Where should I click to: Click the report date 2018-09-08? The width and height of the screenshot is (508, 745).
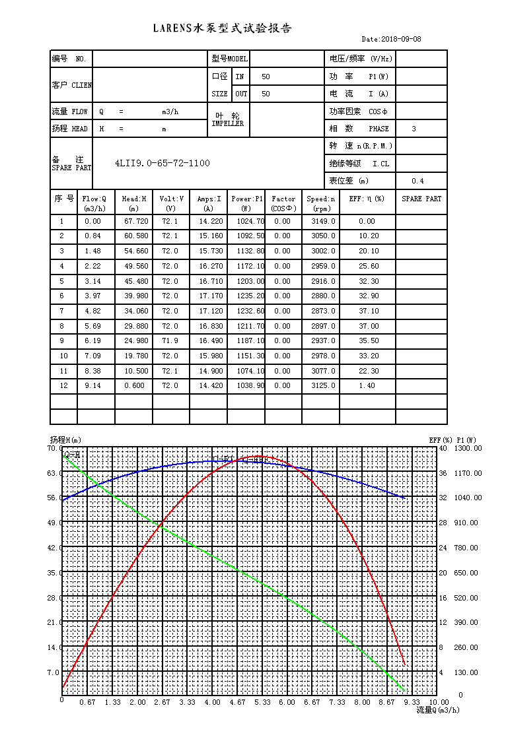click(401, 39)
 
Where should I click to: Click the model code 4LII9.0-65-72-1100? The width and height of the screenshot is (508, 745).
click(163, 163)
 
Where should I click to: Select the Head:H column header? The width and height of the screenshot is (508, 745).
click(133, 203)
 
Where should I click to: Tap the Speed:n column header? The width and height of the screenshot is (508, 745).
click(320, 203)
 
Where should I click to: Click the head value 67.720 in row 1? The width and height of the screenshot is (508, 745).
click(136, 222)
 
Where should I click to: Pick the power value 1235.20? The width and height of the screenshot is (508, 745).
click(250, 296)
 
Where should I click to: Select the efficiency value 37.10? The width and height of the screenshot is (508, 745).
click(369, 311)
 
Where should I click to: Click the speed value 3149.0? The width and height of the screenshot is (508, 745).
click(323, 222)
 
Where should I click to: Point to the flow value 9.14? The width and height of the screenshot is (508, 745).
click(92, 386)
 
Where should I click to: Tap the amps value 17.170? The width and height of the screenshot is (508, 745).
click(211, 296)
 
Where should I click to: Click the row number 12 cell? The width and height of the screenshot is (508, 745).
click(63, 386)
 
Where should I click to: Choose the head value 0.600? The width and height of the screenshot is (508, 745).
click(134, 386)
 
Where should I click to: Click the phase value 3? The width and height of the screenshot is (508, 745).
click(414, 129)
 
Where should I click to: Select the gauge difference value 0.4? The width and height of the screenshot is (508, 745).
click(417, 181)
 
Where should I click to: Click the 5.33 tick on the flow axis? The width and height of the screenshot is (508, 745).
click(262, 702)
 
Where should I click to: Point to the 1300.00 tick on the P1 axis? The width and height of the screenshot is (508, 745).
click(468, 448)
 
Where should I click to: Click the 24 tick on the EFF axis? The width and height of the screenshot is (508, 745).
click(443, 548)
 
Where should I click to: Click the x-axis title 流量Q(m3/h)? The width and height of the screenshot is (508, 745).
click(438, 710)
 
